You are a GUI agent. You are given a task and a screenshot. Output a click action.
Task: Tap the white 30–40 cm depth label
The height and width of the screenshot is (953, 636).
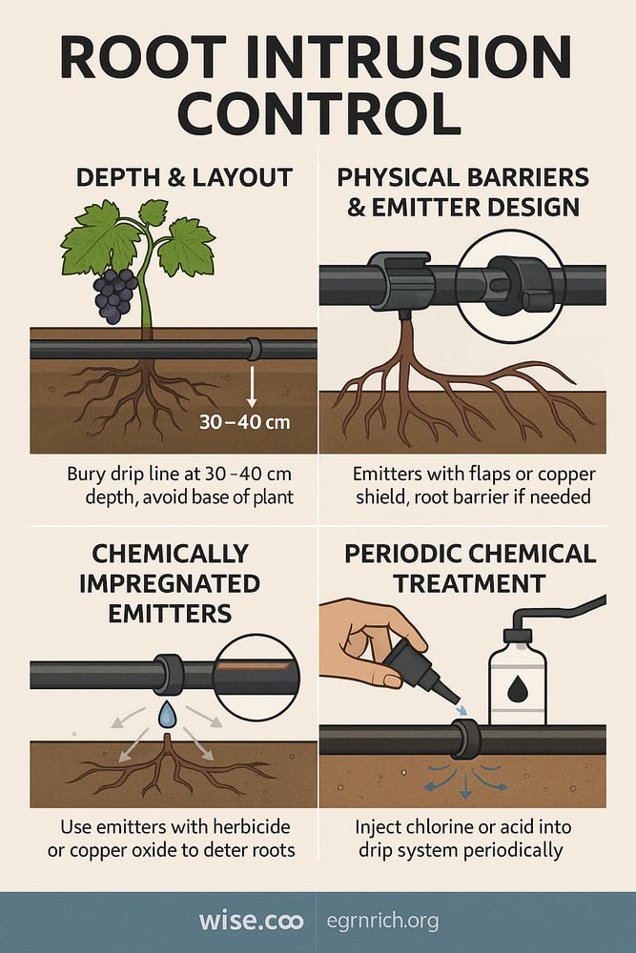pyautogui.click(x=244, y=421)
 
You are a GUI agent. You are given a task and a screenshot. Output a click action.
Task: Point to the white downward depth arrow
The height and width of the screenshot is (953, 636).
pyautogui.click(x=251, y=386)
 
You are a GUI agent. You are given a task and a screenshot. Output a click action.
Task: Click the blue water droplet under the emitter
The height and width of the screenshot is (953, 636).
pyautogui.click(x=167, y=714)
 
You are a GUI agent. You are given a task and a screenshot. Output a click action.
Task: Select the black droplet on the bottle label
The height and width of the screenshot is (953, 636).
pyautogui.click(x=518, y=688)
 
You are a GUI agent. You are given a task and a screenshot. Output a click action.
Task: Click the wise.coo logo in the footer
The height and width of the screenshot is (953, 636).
pyautogui.click(x=251, y=921)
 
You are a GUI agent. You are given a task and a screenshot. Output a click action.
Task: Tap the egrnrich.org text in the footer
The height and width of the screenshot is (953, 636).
pyautogui.click(x=382, y=921)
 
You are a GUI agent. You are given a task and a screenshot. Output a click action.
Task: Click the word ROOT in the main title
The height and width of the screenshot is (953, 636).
pyautogui.click(x=143, y=57)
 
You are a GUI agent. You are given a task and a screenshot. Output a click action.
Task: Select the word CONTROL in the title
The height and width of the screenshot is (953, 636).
pyautogui.click(x=318, y=113)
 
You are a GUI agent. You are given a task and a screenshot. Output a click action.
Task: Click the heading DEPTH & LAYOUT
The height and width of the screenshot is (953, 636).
pyautogui.click(x=184, y=177)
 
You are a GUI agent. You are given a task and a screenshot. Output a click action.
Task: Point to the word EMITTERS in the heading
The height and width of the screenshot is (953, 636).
pyautogui.click(x=170, y=613)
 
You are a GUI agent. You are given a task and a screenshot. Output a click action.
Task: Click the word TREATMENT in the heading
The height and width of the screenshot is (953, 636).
pyautogui.click(x=469, y=583)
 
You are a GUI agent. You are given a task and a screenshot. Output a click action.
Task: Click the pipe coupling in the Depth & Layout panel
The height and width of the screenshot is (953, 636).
pyautogui.click(x=254, y=350)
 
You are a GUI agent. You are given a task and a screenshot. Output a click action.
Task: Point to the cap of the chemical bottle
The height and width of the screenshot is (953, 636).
pyautogui.click(x=518, y=637)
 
